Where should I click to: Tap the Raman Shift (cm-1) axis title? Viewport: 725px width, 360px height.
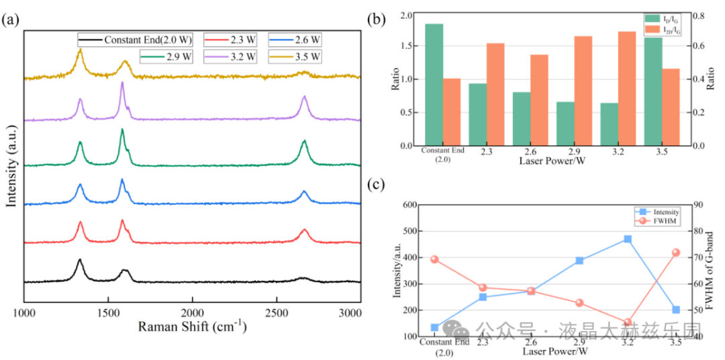pyautogui.click(x=192, y=327)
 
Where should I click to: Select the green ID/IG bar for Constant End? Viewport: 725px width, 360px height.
pyautogui.click(x=434, y=85)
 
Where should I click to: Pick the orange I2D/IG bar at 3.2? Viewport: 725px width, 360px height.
pyautogui.click(x=627, y=88)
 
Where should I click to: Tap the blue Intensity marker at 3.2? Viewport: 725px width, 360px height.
pyautogui.click(x=628, y=239)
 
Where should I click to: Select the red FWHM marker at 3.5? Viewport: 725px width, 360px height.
pyautogui.click(x=676, y=253)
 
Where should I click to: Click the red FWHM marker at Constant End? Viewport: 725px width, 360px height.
pyautogui.click(x=434, y=259)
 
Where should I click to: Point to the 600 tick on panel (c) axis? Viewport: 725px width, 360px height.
pyautogui.click(x=407, y=205)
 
